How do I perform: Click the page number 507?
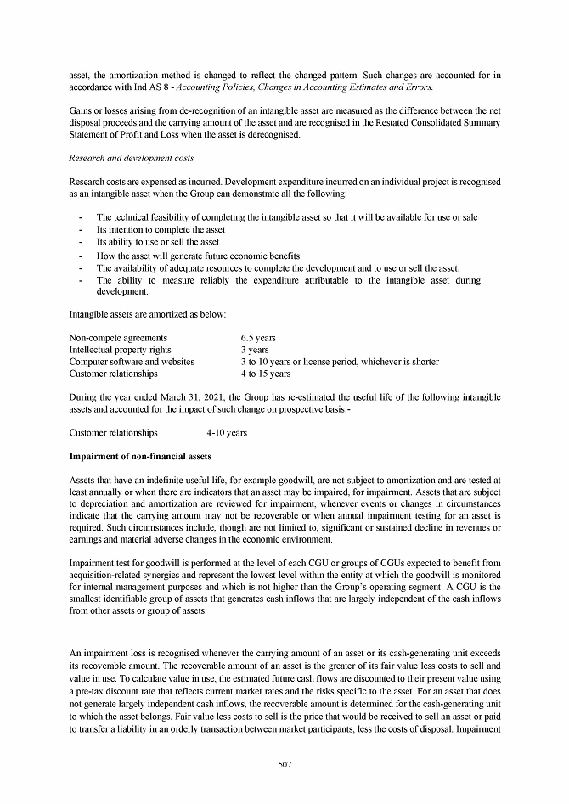coord(284,764)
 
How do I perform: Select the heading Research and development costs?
coord(131,158)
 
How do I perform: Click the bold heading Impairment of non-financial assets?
coord(140,457)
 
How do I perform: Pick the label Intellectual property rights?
coord(120,350)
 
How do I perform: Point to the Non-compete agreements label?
coord(118,338)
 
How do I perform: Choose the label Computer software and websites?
coord(132,362)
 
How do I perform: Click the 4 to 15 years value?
coord(265,374)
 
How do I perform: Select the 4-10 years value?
coord(227,433)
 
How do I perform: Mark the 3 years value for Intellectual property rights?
coord(255,350)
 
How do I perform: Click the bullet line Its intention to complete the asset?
coord(161,229)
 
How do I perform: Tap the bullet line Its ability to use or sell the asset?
coord(158,242)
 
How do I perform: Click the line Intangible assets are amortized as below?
coord(147,315)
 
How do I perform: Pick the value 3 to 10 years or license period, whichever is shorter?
coord(339,362)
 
